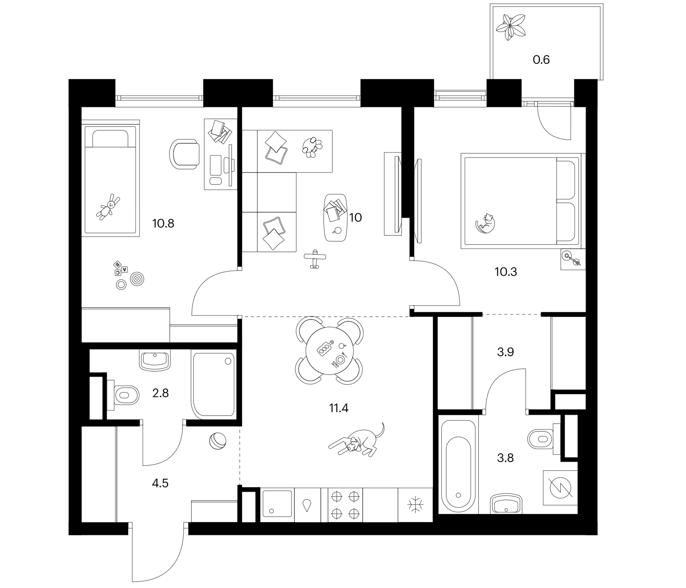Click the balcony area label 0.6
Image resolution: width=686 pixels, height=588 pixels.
541,59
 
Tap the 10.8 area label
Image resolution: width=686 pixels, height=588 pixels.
163,223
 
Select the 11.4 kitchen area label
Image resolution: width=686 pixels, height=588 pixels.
339,408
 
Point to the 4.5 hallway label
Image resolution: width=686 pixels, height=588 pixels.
160,483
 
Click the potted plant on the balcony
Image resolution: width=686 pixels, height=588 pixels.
511,26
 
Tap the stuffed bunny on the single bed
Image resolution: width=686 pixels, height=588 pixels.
108,207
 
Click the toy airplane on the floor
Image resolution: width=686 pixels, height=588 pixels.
315,259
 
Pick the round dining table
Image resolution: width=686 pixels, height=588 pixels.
329,350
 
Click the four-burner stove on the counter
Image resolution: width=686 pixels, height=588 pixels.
345,505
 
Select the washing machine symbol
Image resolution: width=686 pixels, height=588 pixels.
560,488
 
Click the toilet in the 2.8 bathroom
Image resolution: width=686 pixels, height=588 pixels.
123,395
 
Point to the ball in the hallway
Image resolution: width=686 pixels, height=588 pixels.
218,441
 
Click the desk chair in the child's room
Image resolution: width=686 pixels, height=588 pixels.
185,154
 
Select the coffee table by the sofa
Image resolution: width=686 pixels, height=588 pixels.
335,218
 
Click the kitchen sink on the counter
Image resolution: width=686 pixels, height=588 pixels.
277,504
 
